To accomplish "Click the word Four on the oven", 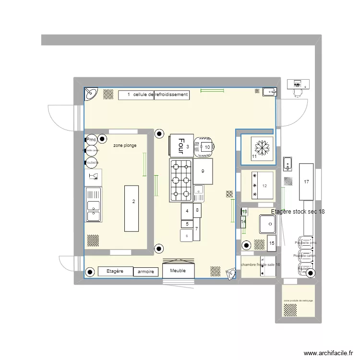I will click(x=181, y=144).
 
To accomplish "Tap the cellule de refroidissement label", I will click(x=154, y=95).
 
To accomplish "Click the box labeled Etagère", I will click(x=115, y=271).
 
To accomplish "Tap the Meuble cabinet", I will click(x=179, y=270).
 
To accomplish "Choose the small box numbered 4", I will click(x=187, y=211).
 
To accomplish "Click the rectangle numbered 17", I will click(x=306, y=182).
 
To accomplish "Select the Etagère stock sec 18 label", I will click(x=298, y=212).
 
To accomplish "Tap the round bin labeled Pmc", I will click(x=91, y=140).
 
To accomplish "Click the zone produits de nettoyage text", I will click(x=298, y=300).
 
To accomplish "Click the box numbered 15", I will click(x=272, y=243).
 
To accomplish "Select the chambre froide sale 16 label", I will click(x=261, y=264).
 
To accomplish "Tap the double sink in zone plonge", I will click(x=93, y=205).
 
